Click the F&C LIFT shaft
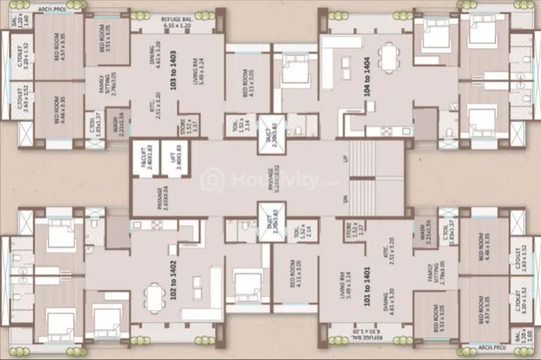pyautogui.click(x=144, y=156)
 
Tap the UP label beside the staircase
pyautogui.click(x=346, y=159)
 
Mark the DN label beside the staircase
pyautogui.click(x=346, y=200)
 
